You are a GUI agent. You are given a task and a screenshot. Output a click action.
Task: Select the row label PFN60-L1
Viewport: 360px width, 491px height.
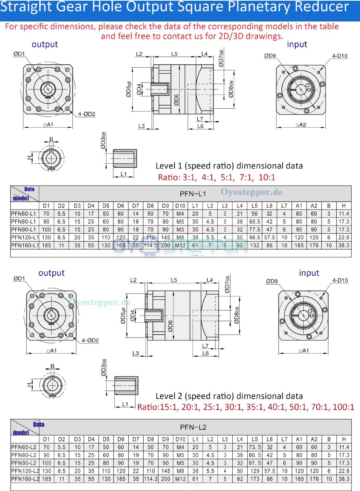click(x=24, y=214)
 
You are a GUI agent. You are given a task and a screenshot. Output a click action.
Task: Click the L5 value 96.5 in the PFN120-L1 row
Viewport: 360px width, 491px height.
click(x=255, y=237)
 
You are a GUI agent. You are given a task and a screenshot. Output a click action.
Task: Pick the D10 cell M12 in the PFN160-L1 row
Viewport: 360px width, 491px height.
click(x=180, y=245)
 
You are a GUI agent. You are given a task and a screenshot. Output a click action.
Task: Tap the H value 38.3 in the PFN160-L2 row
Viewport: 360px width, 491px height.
click(x=344, y=479)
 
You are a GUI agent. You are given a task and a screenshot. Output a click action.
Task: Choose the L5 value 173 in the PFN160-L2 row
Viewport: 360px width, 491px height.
click(x=255, y=479)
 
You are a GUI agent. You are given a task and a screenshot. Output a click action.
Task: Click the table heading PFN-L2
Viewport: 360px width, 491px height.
click(x=193, y=427)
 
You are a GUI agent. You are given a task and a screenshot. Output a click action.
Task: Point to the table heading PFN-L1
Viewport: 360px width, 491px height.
click(x=193, y=193)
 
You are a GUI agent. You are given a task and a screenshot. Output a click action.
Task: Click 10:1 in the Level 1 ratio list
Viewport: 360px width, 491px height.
click(x=267, y=177)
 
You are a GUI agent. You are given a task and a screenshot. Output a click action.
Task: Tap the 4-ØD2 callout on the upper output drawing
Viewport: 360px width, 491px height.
click(x=87, y=114)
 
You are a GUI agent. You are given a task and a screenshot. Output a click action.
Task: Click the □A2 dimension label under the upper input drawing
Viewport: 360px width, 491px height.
click(x=301, y=125)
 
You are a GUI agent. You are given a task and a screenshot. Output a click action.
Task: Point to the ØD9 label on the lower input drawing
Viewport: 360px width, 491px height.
click(x=272, y=281)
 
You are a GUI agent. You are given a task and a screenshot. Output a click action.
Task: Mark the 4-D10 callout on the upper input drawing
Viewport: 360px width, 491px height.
click(x=340, y=56)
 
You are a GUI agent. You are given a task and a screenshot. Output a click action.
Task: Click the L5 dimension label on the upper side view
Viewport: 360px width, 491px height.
click(x=175, y=54)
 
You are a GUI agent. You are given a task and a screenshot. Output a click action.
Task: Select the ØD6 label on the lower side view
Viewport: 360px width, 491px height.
click(x=171, y=326)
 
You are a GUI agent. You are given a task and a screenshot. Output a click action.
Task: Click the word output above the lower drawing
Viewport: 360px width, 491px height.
click(x=51, y=273)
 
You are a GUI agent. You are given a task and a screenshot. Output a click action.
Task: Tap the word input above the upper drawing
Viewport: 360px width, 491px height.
click(x=297, y=44)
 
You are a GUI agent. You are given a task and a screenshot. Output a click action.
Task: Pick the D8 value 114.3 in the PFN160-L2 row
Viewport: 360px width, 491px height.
click(x=151, y=479)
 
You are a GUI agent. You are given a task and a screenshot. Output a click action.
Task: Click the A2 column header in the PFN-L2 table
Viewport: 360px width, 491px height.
click(x=314, y=439)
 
